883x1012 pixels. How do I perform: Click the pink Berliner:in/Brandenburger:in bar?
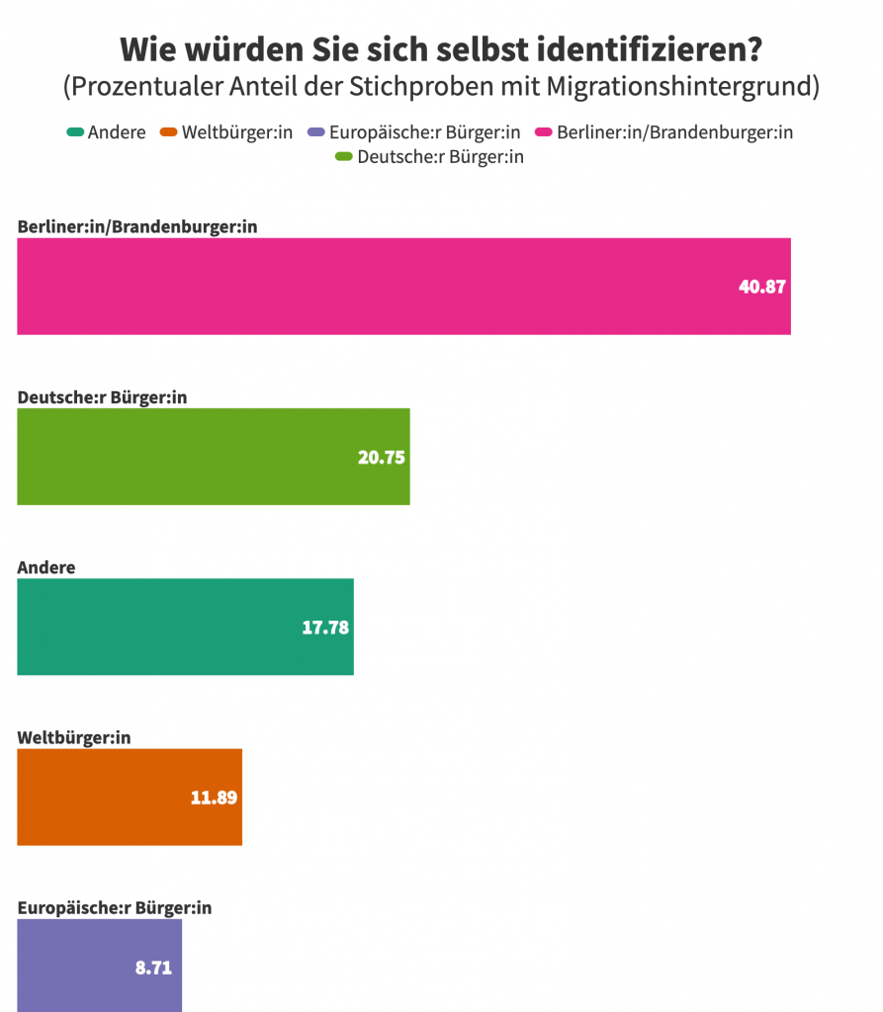tap(403, 286)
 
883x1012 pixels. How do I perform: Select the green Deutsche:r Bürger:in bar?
tap(213, 456)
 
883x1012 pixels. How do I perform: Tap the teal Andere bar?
tap(185, 627)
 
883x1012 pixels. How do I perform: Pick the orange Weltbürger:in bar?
tap(129, 797)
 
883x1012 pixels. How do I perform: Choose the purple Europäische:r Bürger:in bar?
tap(99, 966)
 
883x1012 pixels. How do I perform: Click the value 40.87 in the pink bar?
tap(762, 288)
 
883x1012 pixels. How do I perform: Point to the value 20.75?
tap(382, 458)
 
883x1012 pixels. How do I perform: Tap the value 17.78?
tap(325, 628)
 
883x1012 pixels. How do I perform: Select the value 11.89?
tap(214, 798)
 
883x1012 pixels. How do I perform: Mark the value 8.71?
tap(153, 968)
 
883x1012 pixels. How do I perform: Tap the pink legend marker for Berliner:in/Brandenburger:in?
tap(544, 132)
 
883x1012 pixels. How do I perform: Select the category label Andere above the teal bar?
tap(46, 567)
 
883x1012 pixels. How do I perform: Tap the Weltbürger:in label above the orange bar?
tap(74, 737)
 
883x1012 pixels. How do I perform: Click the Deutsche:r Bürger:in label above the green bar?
tap(102, 397)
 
